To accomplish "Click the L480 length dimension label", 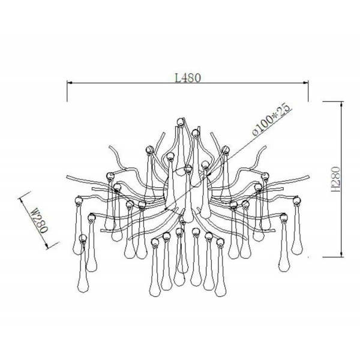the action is (188, 78).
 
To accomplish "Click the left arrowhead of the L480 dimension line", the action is (70, 83).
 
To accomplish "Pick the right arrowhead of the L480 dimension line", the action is (305, 83).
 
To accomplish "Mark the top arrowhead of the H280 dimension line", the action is (342, 104).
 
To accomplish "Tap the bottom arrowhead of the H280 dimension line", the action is (342, 254).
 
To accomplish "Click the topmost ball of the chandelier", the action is (181, 121).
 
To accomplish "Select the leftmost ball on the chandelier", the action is (79, 200).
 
